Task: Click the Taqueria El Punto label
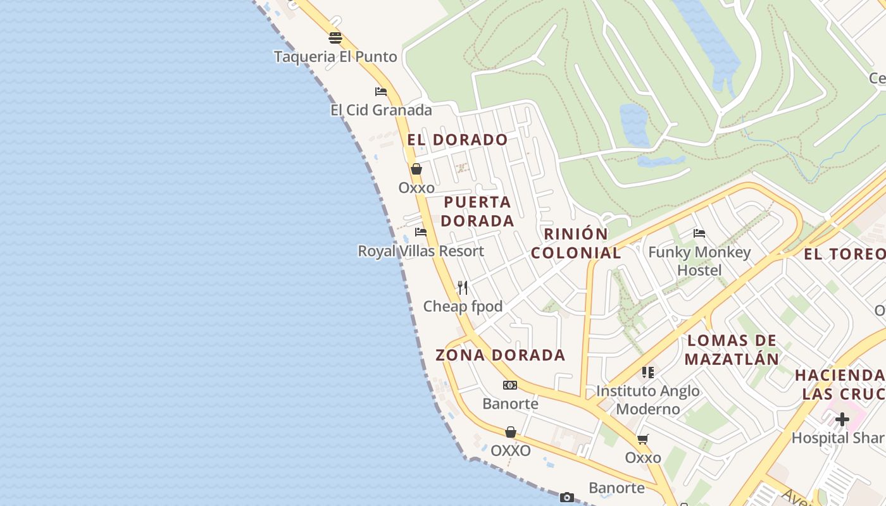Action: pos(335,57)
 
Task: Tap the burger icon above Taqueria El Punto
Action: pos(335,38)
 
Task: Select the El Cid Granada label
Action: pos(381,110)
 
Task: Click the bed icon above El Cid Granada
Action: pos(381,92)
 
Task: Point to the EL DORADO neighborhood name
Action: pos(458,140)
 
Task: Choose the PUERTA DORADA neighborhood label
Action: pos(477,211)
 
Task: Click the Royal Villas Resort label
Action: pos(421,251)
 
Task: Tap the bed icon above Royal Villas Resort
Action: pos(421,232)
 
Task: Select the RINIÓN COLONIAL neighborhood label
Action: pos(576,244)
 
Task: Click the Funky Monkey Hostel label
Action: pos(699,261)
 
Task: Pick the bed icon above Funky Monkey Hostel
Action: pos(699,233)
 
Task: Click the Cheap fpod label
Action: pos(463,307)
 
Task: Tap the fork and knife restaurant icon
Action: pos(463,288)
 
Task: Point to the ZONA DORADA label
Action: pos(500,355)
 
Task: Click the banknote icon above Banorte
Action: pos(510,385)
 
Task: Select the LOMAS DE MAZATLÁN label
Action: pos(732,350)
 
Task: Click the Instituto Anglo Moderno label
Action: pos(648,400)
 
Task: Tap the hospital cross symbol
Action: pos(842,419)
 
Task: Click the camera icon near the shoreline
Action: pos(567,497)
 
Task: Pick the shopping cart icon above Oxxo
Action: pos(643,439)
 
